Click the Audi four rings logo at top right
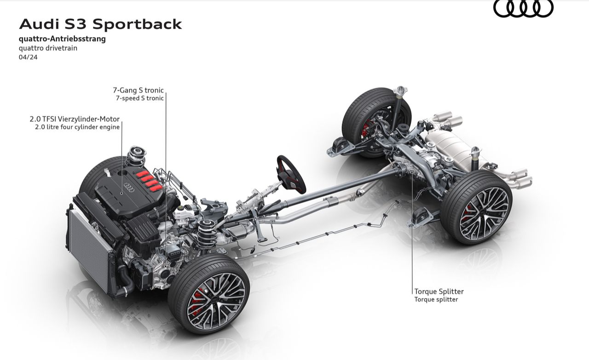[523, 8]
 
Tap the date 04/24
[28, 57]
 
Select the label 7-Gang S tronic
[138, 90]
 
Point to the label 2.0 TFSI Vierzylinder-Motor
[75, 119]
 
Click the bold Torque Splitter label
[439, 291]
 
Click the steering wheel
[291, 173]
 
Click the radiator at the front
[90, 248]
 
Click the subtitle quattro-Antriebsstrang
[62, 39]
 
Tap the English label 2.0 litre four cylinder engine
[77, 127]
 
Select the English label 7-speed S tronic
[139, 98]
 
